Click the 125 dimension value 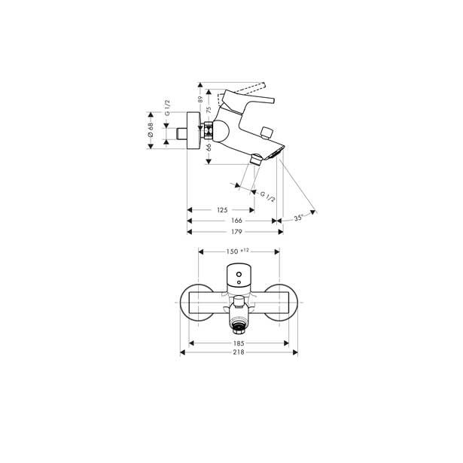point(222,210)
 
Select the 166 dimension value point(236,221)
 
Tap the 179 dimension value point(236,232)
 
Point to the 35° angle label point(299,218)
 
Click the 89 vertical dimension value point(200,99)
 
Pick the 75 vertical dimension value point(209,110)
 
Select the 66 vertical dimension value point(209,148)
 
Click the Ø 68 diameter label point(151,130)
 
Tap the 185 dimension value point(239,343)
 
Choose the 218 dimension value point(239,352)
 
